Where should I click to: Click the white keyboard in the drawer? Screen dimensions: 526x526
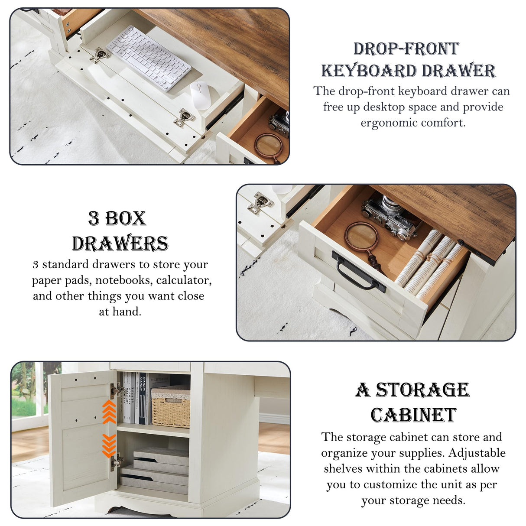pyautogui.click(x=148, y=58)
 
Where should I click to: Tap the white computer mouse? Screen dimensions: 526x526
pyautogui.click(x=200, y=95)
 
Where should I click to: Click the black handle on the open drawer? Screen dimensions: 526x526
pyautogui.click(x=358, y=271)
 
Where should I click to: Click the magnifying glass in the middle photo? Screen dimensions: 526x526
pyautogui.click(x=361, y=237)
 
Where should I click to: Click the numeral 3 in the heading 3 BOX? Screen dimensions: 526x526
pyautogui.click(x=94, y=218)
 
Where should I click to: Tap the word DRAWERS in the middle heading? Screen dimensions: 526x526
pyautogui.click(x=120, y=244)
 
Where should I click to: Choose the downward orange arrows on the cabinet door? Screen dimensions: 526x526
pyautogui.click(x=109, y=445)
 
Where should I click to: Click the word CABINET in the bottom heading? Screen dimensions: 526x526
pyautogui.click(x=413, y=415)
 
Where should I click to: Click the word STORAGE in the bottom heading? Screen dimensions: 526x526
pyautogui.click(x=422, y=390)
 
